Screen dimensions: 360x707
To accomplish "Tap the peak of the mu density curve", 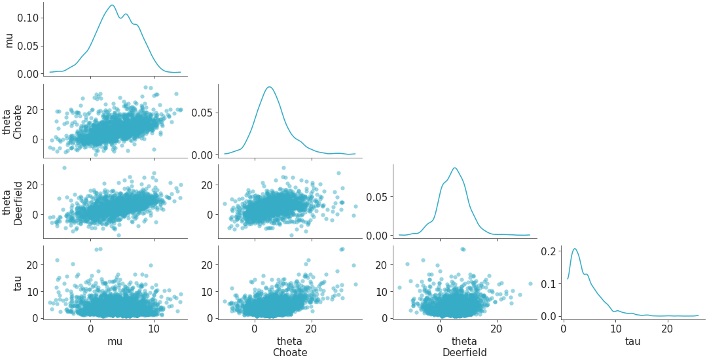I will point(112,5).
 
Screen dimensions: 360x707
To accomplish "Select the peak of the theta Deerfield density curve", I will point(454,168).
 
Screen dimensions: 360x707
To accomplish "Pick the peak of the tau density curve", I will point(575,249).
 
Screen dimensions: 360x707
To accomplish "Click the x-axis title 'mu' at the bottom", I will point(115,341).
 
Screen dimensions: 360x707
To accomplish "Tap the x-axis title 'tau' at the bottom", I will point(632,341).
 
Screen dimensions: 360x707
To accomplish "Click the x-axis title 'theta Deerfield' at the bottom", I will point(464,347).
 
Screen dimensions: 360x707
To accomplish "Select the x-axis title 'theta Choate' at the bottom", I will point(289,347).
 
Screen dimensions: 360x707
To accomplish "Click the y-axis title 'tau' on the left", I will point(9,283).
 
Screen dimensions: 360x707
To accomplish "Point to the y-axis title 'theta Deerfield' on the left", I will point(13,202).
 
